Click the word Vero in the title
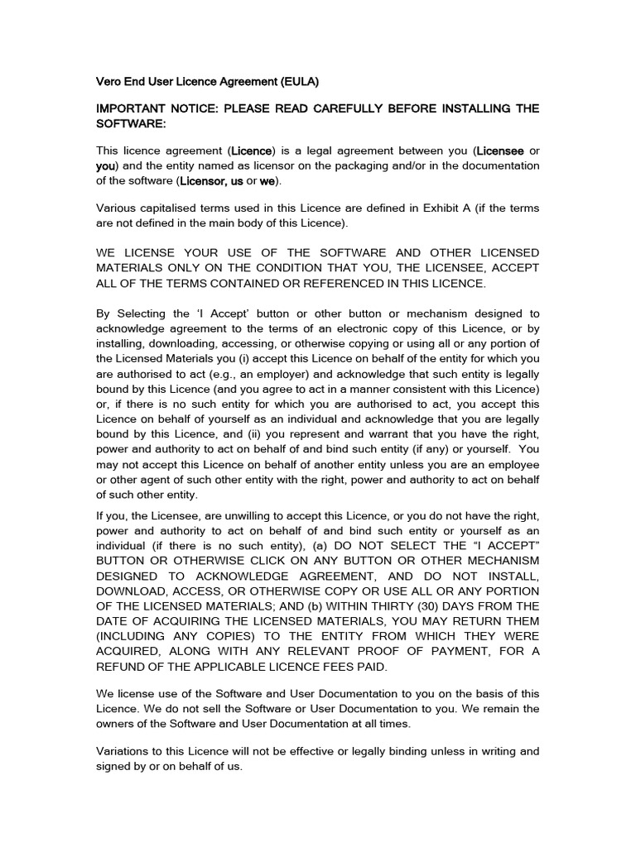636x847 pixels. [x=109, y=81]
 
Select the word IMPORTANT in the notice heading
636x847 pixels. [x=131, y=109]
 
